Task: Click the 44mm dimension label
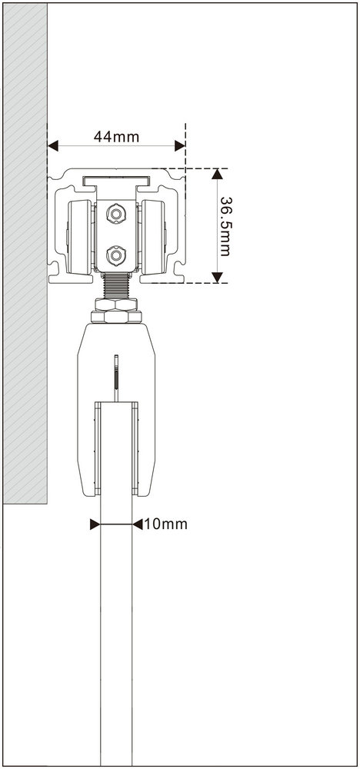pyautogui.click(x=116, y=137)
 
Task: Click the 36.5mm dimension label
pyautogui.click(x=226, y=226)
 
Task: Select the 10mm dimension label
pyautogui.click(x=166, y=524)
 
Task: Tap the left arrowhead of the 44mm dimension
pyautogui.click(x=53, y=145)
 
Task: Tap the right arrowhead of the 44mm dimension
pyautogui.click(x=180, y=145)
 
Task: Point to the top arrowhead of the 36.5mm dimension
pyautogui.click(x=217, y=174)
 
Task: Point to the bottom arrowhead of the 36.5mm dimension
pyautogui.click(x=217, y=278)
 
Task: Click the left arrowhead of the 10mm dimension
pyautogui.click(x=95, y=524)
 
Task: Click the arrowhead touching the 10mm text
pyautogui.click(x=138, y=524)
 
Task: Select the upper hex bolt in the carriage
pyautogui.click(x=116, y=214)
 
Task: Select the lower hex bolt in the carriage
pyautogui.click(x=116, y=255)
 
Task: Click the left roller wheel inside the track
pyautogui.click(x=79, y=237)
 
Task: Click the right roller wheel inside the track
pyautogui.click(x=153, y=237)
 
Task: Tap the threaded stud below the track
pyautogui.click(x=116, y=285)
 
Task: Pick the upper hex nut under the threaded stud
pyautogui.click(x=116, y=304)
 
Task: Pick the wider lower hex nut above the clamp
pyautogui.click(x=116, y=317)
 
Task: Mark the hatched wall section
pyautogui.click(x=25, y=253)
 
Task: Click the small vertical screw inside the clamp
pyautogui.click(x=116, y=378)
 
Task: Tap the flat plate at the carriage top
pyautogui.click(x=116, y=181)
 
